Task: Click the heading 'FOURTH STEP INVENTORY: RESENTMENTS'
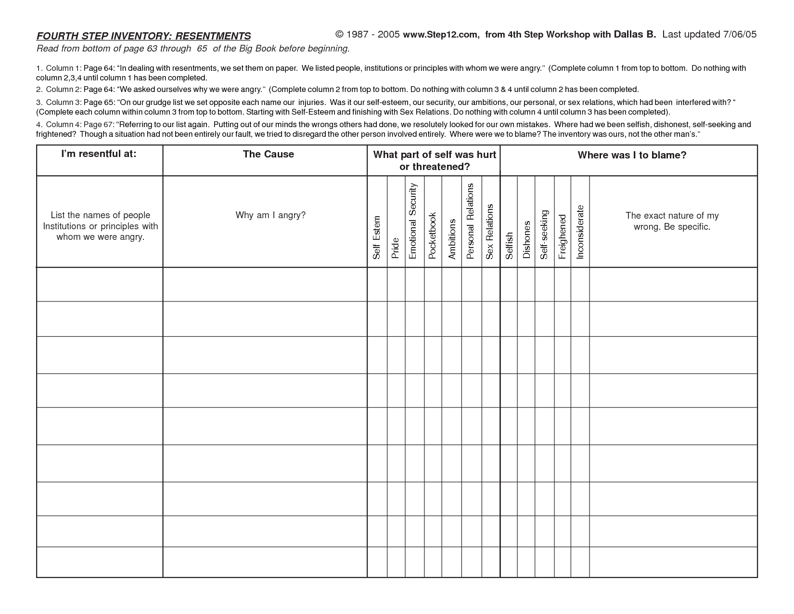point(143,36)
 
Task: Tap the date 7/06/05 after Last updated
point(740,34)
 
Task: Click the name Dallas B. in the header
point(634,34)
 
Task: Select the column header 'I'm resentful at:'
point(99,154)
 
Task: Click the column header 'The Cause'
point(268,154)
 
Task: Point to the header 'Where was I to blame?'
point(631,155)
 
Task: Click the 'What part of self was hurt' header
point(434,155)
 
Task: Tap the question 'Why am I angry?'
point(270,215)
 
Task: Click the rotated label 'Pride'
point(396,248)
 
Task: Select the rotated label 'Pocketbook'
point(432,235)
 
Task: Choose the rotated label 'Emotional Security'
point(412,221)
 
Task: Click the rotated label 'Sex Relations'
point(490,232)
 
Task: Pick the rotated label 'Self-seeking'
point(544,235)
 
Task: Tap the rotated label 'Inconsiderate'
point(580,232)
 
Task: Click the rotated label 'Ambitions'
point(452,239)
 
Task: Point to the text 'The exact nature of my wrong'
point(672,221)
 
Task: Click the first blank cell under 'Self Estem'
point(377,285)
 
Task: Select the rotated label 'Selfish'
point(509,246)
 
